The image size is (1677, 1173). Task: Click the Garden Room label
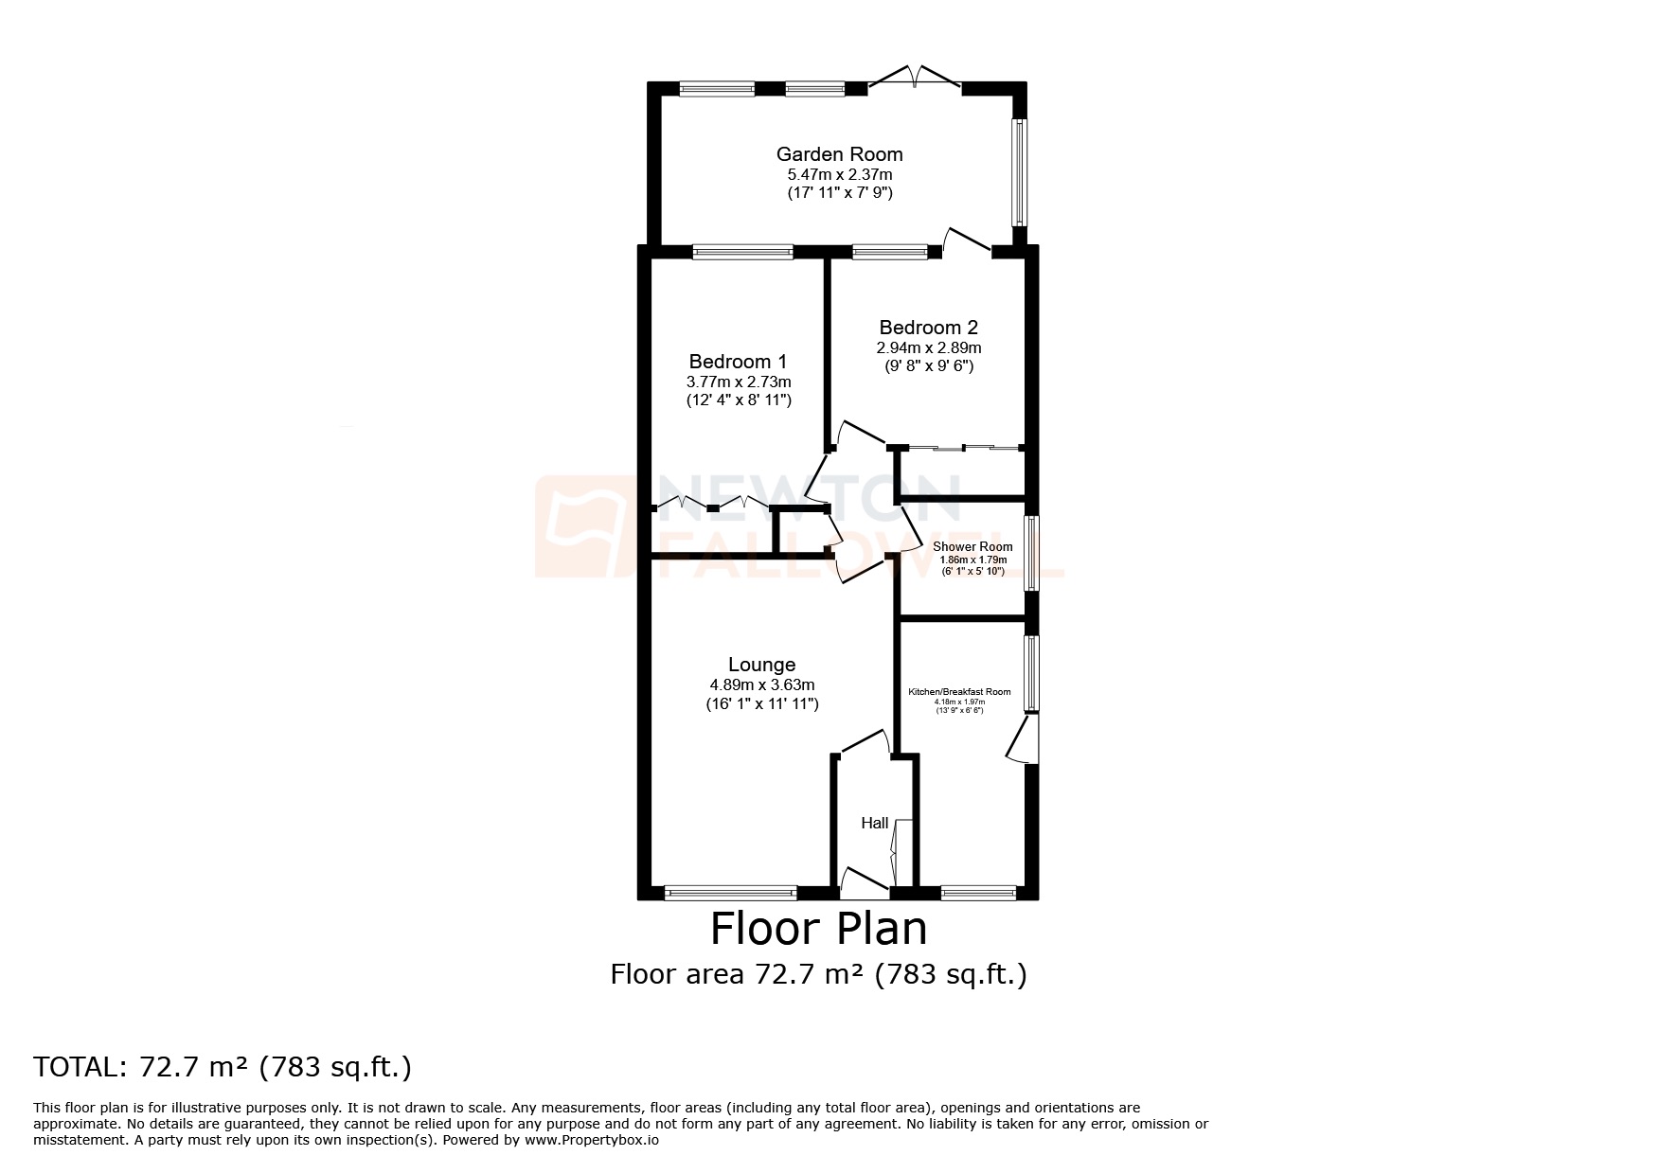tap(839, 154)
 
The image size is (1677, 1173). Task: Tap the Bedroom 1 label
tap(738, 362)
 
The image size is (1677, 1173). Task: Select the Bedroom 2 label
tap(928, 328)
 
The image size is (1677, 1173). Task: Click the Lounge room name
tap(761, 665)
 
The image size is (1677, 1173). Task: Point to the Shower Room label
tap(972, 547)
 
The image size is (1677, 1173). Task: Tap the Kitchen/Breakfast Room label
tap(959, 692)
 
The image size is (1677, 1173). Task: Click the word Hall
tap(874, 823)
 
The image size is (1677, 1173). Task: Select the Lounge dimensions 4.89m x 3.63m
tap(761, 684)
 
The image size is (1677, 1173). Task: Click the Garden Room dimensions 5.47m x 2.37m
tap(839, 175)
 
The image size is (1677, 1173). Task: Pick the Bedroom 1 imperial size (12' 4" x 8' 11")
tap(739, 400)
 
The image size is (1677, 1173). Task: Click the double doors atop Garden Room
tap(916, 79)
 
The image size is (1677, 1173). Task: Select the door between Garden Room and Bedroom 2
tap(967, 240)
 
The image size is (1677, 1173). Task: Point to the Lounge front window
tap(730, 891)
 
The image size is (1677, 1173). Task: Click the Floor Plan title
tap(818, 929)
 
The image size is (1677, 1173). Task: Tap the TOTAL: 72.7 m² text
tap(223, 1067)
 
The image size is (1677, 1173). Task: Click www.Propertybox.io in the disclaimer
tap(591, 1141)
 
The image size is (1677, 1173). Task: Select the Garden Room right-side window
tap(1020, 171)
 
